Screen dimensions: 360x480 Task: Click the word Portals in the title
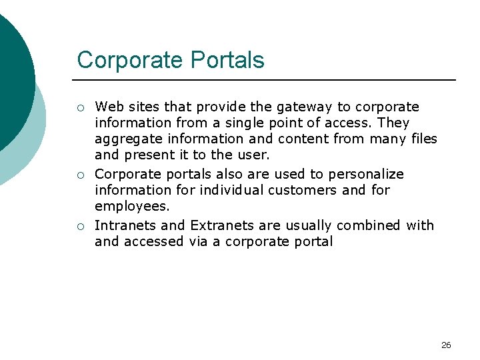pyautogui.click(x=227, y=60)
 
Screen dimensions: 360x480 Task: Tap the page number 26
pyautogui.click(x=446, y=345)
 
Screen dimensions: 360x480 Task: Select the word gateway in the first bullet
pyautogui.click(x=295, y=107)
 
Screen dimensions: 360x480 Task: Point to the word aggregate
pyautogui.click(x=123, y=139)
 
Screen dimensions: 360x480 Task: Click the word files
pyautogui.click(x=421, y=139)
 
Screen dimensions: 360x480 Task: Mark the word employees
pyautogui.click(x=132, y=207)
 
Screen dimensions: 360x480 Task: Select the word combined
pyautogui.click(x=368, y=225)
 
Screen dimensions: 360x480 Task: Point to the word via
pyautogui.click(x=198, y=241)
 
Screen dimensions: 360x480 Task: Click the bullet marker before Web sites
pyautogui.click(x=80, y=108)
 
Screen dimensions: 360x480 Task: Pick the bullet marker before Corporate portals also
pyautogui.click(x=80, y=175)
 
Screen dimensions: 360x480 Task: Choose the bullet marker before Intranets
pyautogui.click(x=80, y=226)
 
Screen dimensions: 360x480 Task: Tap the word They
pyautogui.click(x=393, y=123)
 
